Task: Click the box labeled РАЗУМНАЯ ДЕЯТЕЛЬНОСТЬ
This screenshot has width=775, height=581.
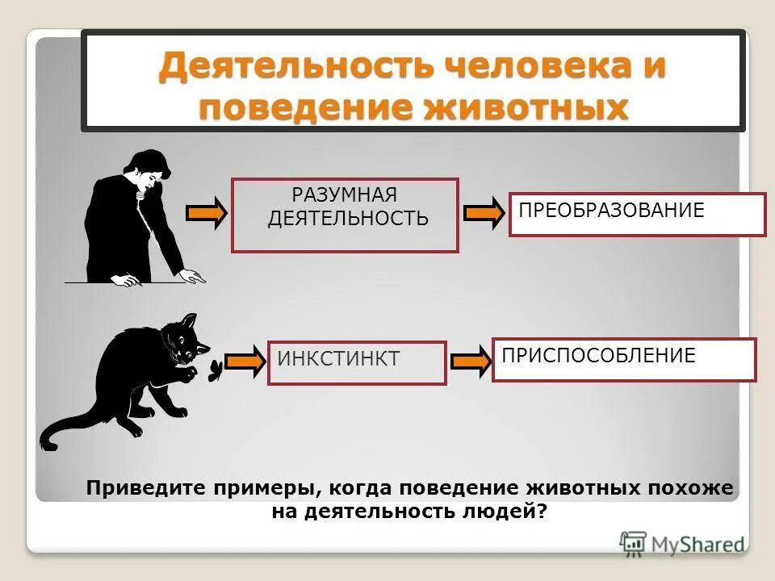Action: coord(345,215)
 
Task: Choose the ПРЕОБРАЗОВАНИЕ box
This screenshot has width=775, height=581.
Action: coord(636,213)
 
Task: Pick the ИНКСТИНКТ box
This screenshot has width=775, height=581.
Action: coord(357,362)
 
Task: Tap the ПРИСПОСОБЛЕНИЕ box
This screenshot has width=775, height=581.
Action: coord(623,359)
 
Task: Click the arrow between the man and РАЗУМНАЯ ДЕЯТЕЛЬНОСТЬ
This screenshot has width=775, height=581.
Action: coord(206,212)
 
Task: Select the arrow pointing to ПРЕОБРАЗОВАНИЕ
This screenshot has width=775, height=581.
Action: coord(483,212)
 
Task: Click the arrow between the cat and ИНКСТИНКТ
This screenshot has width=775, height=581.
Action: coord(244,361)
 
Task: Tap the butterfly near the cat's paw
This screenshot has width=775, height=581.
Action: coord(215,370)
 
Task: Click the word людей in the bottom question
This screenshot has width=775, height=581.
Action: coord(505,511)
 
